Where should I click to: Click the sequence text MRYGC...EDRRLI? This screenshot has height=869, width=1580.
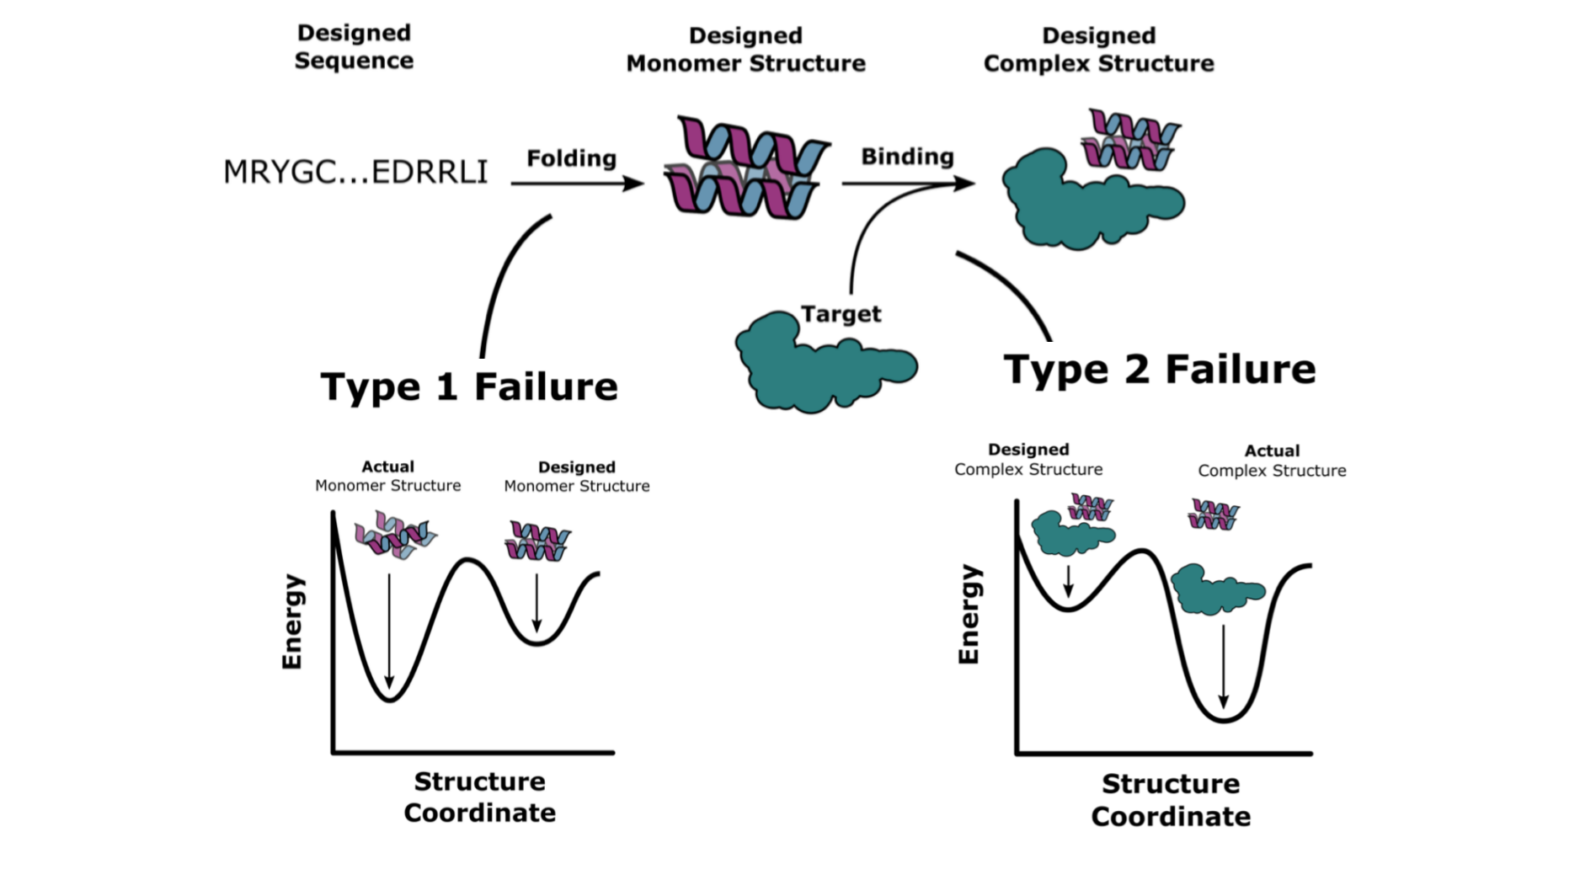click(x=355, y=172)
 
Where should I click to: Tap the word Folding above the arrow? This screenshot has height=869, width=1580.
click(x=572, y=158)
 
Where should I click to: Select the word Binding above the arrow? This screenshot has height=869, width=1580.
click(x=907, y=157)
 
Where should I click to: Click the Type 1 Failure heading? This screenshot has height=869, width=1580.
click(x=469, y=387)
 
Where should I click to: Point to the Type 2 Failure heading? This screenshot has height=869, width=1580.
click(x=1159, y=370)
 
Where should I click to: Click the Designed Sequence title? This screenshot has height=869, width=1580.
click(x=354, y=47)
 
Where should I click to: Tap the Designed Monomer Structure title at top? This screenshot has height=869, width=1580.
click(x=745, y=50)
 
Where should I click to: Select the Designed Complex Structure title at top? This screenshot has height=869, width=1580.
click(x=1098, y=50)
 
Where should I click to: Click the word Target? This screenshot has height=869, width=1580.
click(x=841, y=314)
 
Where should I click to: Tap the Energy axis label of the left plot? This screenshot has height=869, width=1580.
click(x=292, y=621)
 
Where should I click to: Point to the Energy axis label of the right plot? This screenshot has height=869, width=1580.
click(x=969, y=614)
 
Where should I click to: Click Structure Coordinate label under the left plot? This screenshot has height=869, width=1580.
click(x=479, y=797)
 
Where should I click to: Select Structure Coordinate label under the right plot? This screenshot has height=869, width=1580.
click(x=1171, y=800)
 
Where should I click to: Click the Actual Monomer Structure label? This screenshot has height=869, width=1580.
click(x=387, y=476)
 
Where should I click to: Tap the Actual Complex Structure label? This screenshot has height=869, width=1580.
click(x=1272, y=461)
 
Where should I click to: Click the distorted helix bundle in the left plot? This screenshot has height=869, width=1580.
click(x=395, y=536)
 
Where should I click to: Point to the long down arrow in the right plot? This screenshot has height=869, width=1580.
click(x=1223, y=666)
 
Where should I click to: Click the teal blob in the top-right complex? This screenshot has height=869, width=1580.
click(x=1092, y=200)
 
